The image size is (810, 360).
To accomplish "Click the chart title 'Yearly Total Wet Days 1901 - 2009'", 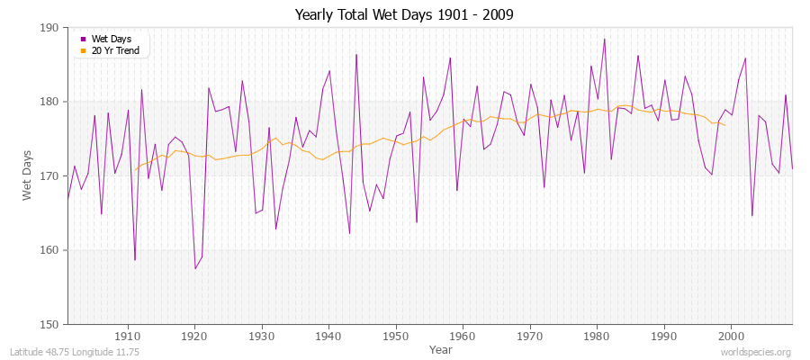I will coord(405,15).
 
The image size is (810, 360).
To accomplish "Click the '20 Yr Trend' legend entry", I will coord(115,50).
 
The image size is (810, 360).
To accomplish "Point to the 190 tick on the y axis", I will coord(49,28).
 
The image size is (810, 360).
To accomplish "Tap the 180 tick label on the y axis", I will coord(49,102).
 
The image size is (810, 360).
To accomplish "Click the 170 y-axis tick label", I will coord(49,176).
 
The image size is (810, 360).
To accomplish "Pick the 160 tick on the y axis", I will coord(49,250).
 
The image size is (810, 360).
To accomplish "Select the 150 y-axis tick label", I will coord(49,324).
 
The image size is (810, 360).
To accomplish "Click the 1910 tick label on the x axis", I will coord(128,336).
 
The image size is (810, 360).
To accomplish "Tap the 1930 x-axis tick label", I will coord(262,336).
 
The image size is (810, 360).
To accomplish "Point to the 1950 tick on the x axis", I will coord(396,336).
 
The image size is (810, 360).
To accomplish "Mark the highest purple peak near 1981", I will coord(604,39).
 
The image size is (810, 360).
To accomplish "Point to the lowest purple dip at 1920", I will coord(195,268).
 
